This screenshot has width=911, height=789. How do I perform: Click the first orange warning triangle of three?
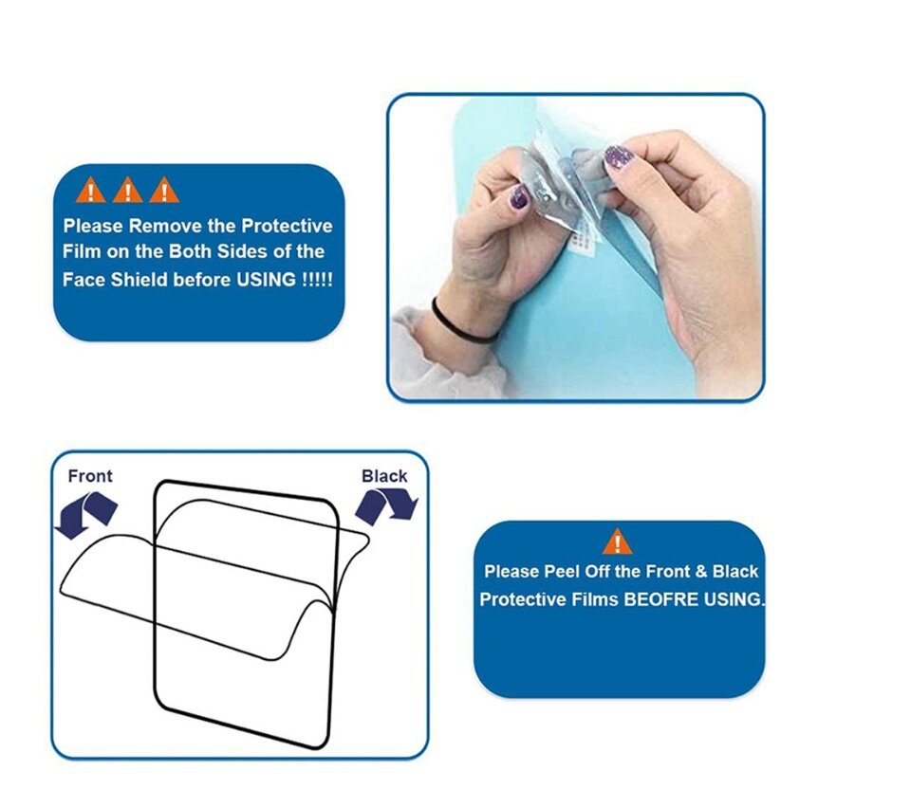pyautogui.click(x=91, y=190)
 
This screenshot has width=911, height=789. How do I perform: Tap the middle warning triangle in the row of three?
pyautogui.click(x=127, y=190)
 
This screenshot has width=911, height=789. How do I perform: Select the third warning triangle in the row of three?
pyautogui.click(x=164, y=190)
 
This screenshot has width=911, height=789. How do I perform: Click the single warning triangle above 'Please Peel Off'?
pyautogui.click(x=617, y=541)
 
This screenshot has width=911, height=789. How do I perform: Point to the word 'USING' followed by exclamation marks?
pyautogui.click(x=266, y=280)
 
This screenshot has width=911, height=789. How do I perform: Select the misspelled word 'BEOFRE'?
pyautogui.click(x=661, y=599)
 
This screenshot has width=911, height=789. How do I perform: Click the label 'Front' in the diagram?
pyautogui.click(x=90, y=476)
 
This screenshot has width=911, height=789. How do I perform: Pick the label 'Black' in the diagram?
pyautogui.click(x=384, y=476)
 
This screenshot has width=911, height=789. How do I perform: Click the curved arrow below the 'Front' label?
pyautogui.click(x=86, y=515)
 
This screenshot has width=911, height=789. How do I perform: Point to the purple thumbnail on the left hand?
pyautogui.click(x=519, y=197)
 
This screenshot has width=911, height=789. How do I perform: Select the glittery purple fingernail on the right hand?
pyautogui.click(x=618, y=156)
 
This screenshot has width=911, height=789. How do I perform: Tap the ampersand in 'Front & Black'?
pyautogui.click(x=701, y=572)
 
